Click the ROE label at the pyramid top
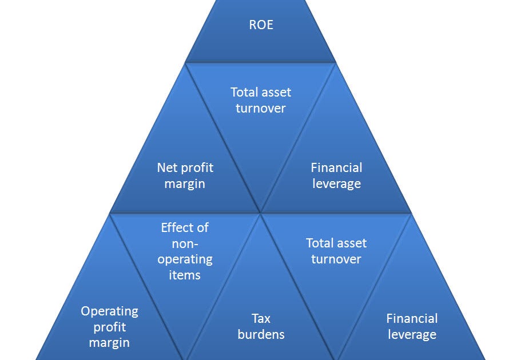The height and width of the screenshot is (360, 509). point(261,25)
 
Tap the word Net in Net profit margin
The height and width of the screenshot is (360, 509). point(167,168)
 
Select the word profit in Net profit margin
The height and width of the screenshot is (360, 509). point(197,168)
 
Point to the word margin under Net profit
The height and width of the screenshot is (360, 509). point(185,184)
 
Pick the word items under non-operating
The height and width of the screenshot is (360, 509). point(185,275)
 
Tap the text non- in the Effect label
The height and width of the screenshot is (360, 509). point(185,243)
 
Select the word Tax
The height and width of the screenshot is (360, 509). point(261,318)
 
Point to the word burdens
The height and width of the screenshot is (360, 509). point(261,334)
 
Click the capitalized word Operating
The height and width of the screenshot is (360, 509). point(109,311)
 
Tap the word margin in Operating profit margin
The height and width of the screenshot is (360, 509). point(109,343)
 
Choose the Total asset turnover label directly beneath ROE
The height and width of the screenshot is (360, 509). point(261,100)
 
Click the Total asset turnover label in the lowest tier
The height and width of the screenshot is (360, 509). point(336,251)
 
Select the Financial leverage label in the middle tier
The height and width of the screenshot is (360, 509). point(336,175)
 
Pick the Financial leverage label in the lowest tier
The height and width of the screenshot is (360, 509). point(412,326)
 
